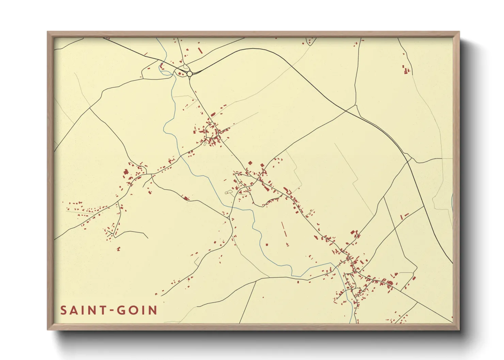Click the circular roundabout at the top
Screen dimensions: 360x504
click(x=189, y=73)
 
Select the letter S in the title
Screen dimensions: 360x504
click(x=63, y=310)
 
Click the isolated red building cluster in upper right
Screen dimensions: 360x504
click(x=406, y=70)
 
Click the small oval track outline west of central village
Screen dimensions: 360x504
click(x=228, y=193)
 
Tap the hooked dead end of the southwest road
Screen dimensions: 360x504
click(x=147, y=237)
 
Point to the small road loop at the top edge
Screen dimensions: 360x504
click(x=311, y=41)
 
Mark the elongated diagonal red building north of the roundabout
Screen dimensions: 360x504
click(x=200, y=50)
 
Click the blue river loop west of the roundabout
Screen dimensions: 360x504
click(x=161, y=67)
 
